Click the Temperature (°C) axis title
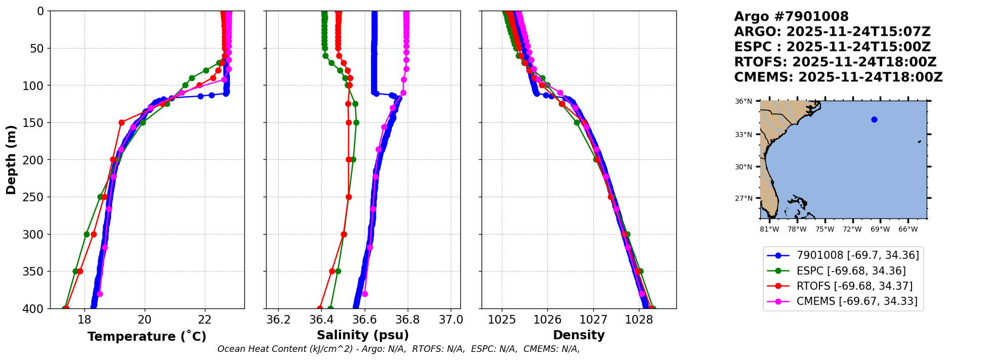pyautogui.click(x=147, y=337)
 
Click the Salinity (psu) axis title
pyautogui.click(x=363, y=335)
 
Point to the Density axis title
pyautogui.click(x=579, y=335)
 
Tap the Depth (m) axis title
pyautogui.click(x=11, y=160)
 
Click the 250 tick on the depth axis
pyautogui.click(x=37, y=197)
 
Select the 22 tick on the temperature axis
pyautogui.click(x=204, y=320)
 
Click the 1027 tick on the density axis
pyautogui.click(x=593, y=320)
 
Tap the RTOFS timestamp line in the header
pyautogui.click(x=835, y=62)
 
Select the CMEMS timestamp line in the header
pyautogui.click(x=838, y=77)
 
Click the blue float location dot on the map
pyautogui.click(x=874, y=120)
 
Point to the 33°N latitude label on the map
pyautogui.click(x=743, y=135)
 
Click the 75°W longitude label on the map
pyautogui.click(x=825, y=230)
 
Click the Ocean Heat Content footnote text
pyautogui.click(x=399, y=349)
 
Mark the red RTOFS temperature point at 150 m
pyautogui.click(x=121, y=122)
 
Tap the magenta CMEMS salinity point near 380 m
pyautogui.click(x=365, y=294)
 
